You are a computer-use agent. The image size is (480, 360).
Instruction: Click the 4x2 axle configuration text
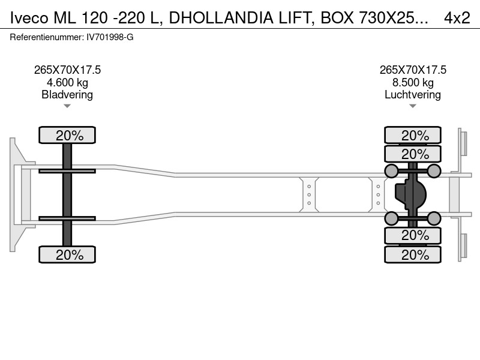point(457,18)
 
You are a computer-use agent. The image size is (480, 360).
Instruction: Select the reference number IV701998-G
point(110,37)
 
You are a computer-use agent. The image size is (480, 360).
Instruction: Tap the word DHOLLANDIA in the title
point(221,18)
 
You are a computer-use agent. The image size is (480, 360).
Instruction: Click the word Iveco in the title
point(29,18)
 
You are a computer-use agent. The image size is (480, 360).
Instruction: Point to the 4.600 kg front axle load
point(67,82)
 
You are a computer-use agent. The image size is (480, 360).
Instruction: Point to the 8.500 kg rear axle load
point(413,82)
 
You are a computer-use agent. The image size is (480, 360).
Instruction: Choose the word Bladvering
point(67,95)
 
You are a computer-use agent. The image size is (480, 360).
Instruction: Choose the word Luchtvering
point(413,95)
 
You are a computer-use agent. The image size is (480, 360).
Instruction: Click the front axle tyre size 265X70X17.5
point(67,70)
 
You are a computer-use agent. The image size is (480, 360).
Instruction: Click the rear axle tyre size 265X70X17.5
point(413,70)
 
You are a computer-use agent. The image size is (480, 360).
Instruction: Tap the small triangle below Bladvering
point(67,106)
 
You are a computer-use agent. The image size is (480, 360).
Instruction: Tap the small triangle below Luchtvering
point(413,106)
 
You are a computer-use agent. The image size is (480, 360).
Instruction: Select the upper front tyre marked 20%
point(67,135)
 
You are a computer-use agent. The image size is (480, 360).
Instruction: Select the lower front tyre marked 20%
point(67,254)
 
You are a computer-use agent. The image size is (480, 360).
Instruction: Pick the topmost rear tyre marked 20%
point(413,135)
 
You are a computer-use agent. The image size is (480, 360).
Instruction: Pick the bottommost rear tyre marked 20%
point(413,254)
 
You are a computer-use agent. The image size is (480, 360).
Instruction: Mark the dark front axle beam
point(67,194)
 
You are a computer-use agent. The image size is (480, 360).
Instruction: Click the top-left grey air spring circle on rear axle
point(391,171)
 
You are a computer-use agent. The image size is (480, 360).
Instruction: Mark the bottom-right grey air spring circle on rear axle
point(434,218)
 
